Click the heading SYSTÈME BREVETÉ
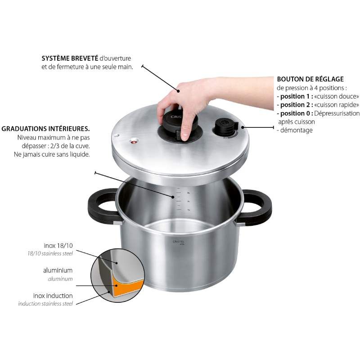click(x=69, y=59)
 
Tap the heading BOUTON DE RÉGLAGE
click(x=310, y=79)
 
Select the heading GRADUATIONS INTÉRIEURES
click(x=45, y=128)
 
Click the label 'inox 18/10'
click(x=58, y=246)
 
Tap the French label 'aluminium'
click(x=58, y=270)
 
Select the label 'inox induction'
click(x=53, y=296)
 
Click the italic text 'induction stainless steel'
click(x=45, y=304)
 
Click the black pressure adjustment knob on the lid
click(x=224, y=126)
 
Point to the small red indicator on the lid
click(x=133, y=142)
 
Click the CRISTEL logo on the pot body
click(x=179, y=242)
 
